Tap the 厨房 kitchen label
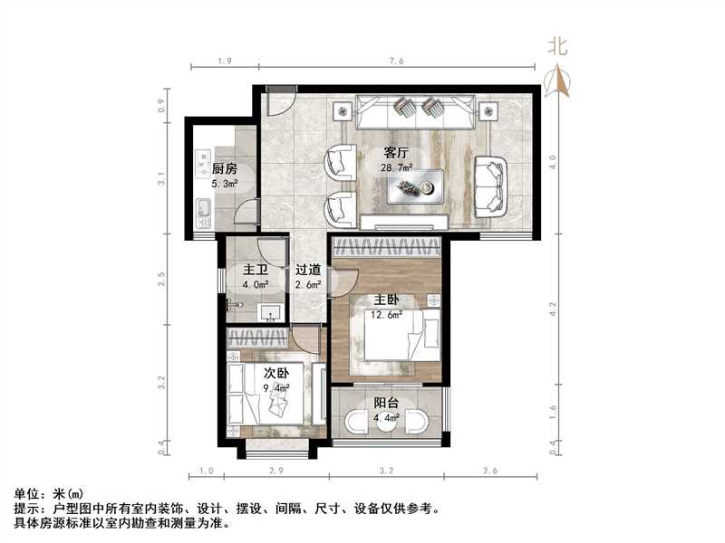224,169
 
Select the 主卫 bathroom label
255,271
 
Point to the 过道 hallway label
307,271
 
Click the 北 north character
558,48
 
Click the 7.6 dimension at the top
395,61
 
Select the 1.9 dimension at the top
225,61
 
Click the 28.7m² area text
397,168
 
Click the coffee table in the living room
415,187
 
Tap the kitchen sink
204,215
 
